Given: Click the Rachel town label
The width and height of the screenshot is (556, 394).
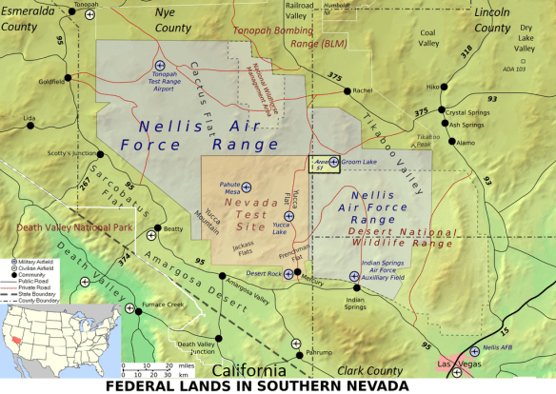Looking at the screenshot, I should click(x=362, y=90).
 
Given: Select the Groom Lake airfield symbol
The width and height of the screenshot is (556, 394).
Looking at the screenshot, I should click(x=333, y=162).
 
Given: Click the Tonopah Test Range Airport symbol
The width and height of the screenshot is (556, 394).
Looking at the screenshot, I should click(x=159, y=65).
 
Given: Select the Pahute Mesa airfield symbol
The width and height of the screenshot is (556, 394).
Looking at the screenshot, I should click(x=247, y=187).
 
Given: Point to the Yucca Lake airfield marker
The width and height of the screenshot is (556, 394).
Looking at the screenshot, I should click(x=288, y=216).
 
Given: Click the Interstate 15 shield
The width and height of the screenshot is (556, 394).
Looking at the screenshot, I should click(x=498, y=332).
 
